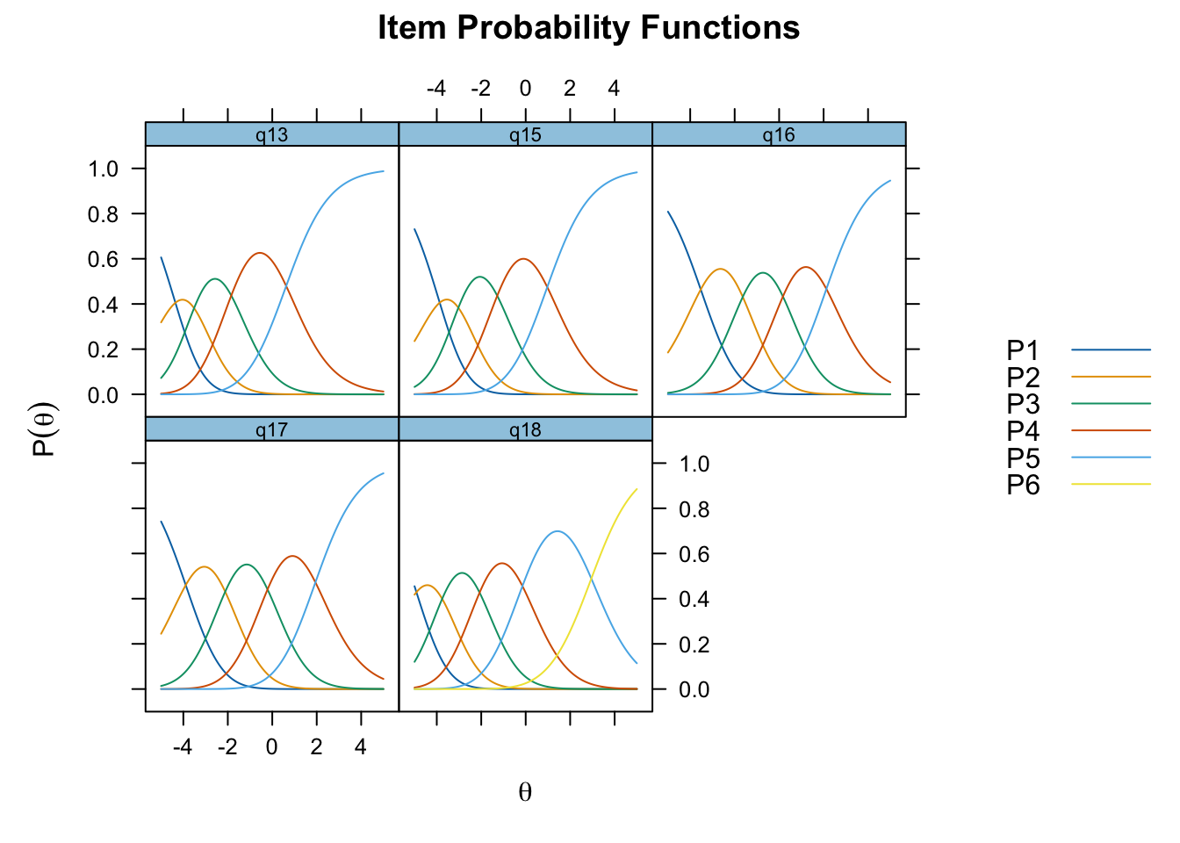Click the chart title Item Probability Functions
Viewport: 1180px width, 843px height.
[x=588, y=27]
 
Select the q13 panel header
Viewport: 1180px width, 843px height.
[x=272, y=134]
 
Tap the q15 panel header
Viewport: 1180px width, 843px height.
[x=525, y=134]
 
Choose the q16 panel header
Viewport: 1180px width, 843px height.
[x=779, y=134]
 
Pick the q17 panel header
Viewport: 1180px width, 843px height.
[x=272, y=429]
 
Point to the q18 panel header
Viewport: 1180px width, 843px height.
[x=525, y=429]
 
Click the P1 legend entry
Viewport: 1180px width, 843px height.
[x=1078, y=349]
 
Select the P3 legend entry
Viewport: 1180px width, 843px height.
[x=1078, y=404]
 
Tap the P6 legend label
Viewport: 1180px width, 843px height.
[x=1023, y=485]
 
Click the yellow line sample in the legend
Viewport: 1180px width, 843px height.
[x=1111, y=484]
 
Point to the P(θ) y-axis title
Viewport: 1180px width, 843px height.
[x=44, y=429]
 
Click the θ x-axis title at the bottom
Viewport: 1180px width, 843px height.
[x=525, y=792]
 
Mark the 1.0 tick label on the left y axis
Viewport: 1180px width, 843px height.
[x=103, y=169]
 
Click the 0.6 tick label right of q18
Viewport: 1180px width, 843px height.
[x=694, y=554]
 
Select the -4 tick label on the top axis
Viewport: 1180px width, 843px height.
[x=436, y=88]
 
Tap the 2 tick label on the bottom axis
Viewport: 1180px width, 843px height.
[x=316, y=746]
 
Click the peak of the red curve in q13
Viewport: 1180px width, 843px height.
[x=260, y=253]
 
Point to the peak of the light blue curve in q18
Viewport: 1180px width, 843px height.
[x=558, y=531]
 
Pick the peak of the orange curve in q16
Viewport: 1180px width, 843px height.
[x=720, y=269]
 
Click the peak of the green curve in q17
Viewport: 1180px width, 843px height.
[x=247, y=565]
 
